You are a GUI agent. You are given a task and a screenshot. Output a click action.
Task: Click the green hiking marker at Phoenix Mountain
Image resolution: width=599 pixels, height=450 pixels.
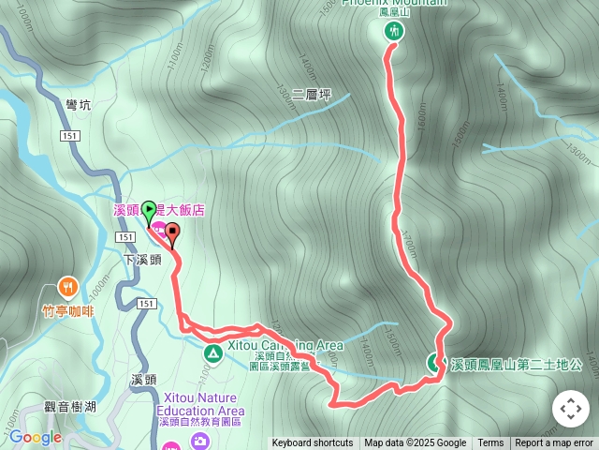point(393,32)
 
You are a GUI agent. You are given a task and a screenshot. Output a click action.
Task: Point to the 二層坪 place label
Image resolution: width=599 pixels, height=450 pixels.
point(312,95)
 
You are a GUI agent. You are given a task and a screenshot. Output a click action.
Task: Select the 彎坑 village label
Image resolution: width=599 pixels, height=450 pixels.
point(79,107)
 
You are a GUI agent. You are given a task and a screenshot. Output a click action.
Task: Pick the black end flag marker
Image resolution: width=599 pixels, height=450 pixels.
point(172,234)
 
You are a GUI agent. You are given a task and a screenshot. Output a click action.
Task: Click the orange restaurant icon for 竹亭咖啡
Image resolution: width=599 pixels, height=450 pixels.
point(66,287)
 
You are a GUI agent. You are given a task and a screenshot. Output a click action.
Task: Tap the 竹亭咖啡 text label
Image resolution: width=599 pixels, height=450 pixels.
point(68,310)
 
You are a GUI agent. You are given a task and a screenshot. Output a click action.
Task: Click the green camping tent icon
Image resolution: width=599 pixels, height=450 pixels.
point(212,353)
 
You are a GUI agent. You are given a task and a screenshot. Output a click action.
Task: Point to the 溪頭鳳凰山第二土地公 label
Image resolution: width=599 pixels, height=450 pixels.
point(517,364)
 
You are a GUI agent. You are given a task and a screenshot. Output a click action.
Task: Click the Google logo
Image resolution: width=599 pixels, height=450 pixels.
point(36,437)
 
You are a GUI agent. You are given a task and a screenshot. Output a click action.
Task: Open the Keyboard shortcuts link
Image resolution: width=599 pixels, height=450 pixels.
point(313,443)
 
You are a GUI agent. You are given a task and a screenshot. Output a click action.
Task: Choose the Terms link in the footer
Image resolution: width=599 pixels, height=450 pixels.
point(490,443)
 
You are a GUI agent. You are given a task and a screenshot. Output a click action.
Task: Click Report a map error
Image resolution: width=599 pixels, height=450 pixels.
point(554,443)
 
